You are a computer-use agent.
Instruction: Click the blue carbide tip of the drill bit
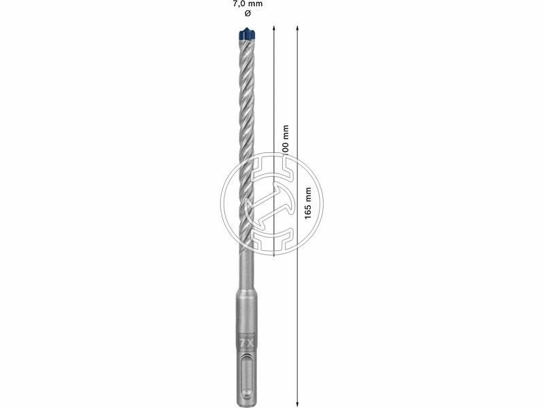click(x=246, y=32)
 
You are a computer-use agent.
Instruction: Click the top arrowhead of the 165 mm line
click(x=298, y=29)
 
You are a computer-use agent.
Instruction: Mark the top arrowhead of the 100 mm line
click(x=273, y=29)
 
